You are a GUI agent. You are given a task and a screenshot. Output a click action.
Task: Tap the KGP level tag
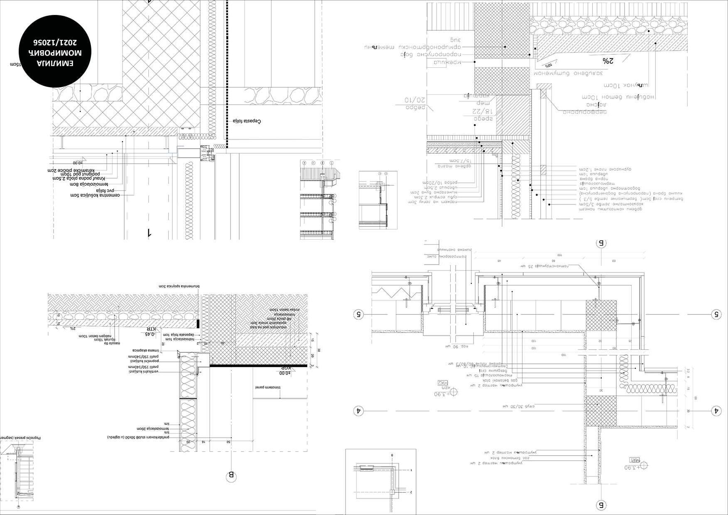(285, 368)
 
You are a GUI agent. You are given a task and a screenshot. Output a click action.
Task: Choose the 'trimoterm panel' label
(268, 387)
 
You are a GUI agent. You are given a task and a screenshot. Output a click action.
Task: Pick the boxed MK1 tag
(634, 460)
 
